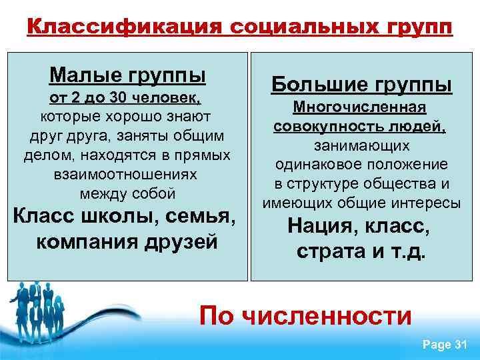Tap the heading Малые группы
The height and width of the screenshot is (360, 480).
[127, 74]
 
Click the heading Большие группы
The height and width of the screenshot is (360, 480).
[361, 85]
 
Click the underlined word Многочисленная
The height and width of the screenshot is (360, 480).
[361, 108]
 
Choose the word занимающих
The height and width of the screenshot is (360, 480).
[361, 145]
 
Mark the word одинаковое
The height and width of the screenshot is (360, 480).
[322, 164]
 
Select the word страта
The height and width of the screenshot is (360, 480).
[329, 253]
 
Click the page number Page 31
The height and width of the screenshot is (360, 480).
[444, 344]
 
